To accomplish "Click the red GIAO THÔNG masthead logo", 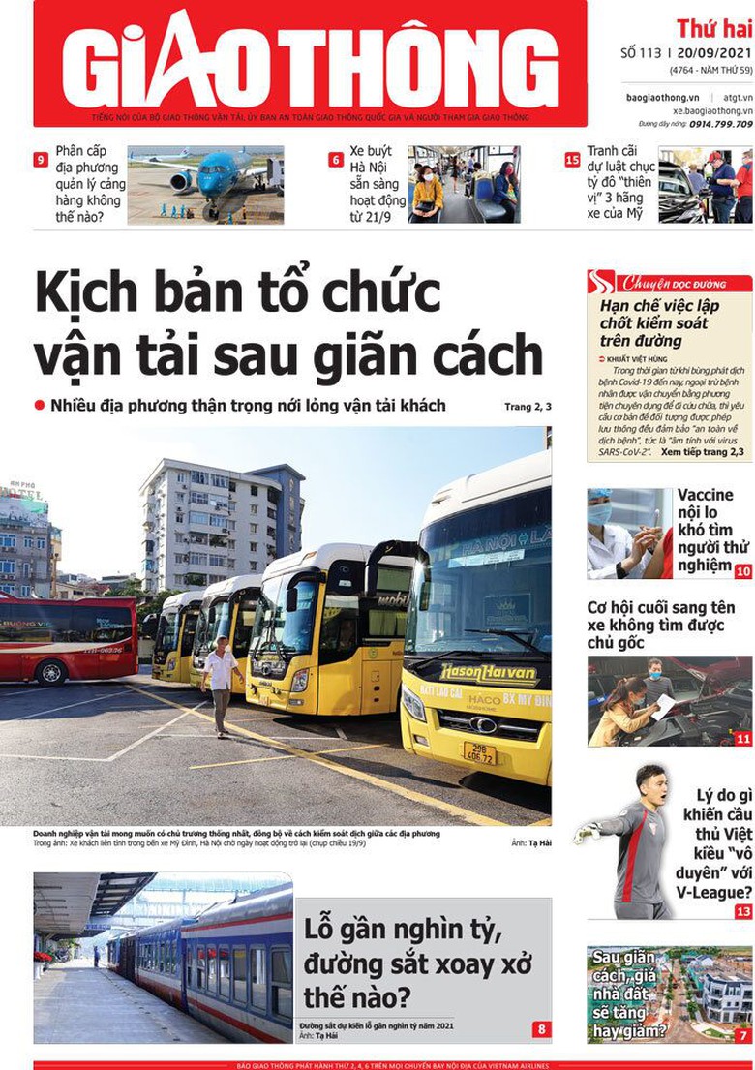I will [310, 60].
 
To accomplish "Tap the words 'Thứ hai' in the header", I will [714, 28].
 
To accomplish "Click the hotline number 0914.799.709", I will [720, 124].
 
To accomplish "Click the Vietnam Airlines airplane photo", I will [205, 185].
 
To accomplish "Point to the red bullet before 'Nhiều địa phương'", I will [40, 405].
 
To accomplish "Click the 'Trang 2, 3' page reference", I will [528, 407].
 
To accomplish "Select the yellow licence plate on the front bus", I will [480, 751].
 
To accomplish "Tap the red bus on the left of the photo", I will [68, 639].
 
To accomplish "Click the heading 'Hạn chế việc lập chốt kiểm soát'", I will [659, 322].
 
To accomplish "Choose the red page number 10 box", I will [742, 572].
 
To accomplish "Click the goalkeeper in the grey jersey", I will [634, 842].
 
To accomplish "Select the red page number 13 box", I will [742, 911].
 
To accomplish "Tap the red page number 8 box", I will [541, 1029].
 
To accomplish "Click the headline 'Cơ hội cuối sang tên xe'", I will [661, 624].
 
